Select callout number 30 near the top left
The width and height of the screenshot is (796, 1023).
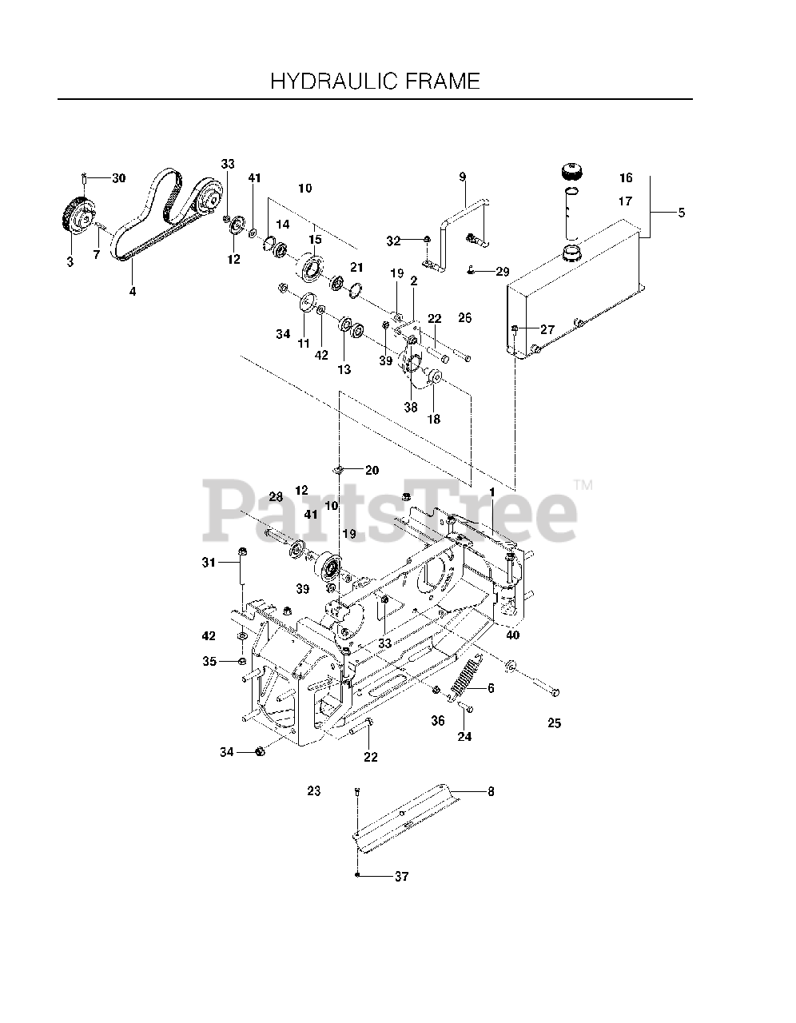[x=118, y=178]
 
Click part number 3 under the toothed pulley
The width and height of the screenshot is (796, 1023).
[x=70, y=261]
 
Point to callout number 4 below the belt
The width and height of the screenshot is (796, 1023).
[x=133, y=292]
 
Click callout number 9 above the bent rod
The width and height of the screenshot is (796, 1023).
[x=462, y=176]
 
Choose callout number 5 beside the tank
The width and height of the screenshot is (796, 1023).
[x=681, y=213]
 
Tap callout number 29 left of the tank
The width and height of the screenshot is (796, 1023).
[x=502, y=273]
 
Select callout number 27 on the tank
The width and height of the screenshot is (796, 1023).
[x=547, y=329]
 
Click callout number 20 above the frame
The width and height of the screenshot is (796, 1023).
[x=372, y=470]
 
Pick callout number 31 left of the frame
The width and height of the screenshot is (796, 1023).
[x=209, y=563]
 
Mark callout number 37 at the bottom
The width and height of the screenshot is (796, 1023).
[x=401, y=877]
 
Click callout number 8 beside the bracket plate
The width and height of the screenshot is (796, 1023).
[x=490, y=792]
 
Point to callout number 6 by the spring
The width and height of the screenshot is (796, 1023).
[x=490, y=688]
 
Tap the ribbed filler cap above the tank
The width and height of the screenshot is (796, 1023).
[x=571, y=172]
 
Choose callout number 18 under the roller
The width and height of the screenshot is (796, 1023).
[x=435, y=418]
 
